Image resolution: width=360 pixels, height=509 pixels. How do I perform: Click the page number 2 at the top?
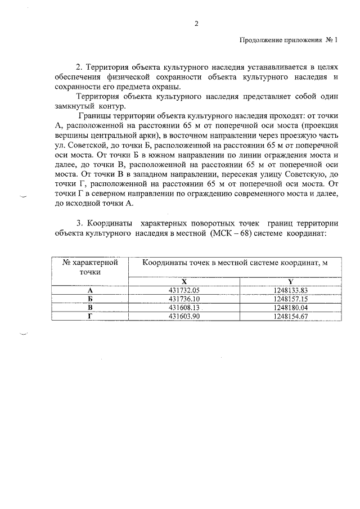[196, 24]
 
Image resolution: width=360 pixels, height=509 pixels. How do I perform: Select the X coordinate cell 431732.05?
[184, 290]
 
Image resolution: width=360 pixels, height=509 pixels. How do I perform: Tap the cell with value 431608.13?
[184, 308]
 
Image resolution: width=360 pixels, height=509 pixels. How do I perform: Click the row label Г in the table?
[90, 317]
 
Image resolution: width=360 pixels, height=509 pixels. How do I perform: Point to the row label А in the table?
[90, 290]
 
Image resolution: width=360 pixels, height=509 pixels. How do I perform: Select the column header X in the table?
[184, 281]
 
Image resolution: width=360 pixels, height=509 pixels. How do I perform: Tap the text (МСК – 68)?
[234, 232]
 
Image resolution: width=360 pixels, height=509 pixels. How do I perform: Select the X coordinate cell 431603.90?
[184, 317]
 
